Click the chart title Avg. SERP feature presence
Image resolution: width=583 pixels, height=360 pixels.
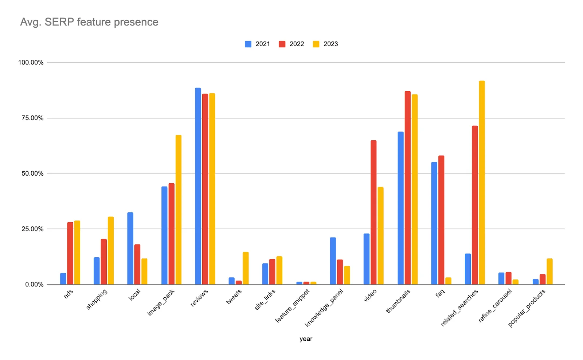point(89,22)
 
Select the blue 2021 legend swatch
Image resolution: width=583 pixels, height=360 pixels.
point(248,44)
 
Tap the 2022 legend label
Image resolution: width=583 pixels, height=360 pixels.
point(297,44)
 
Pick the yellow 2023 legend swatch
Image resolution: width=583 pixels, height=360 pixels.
point(316,44)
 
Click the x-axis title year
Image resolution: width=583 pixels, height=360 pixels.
point(306,339)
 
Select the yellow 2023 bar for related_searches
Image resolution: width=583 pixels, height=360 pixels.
point(482,182)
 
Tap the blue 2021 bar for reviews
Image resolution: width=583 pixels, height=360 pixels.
point(198,186)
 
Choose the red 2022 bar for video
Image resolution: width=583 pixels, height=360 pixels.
point(373,212)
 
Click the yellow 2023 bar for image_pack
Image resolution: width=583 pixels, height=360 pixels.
point(178,210)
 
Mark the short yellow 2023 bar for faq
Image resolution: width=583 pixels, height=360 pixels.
point(448,281)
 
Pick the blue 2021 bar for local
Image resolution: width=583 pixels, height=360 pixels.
point(130,248)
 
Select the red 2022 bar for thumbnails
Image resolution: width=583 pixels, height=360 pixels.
point(407,188)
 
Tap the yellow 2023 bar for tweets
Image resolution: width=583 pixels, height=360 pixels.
point(246,268)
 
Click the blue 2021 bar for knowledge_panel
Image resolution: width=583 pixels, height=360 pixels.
point(333,261)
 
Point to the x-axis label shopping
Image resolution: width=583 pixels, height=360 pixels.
point(97,299)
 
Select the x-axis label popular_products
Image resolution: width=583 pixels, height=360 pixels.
point(527,308)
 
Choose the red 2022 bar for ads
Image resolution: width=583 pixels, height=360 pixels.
point(70,253)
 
